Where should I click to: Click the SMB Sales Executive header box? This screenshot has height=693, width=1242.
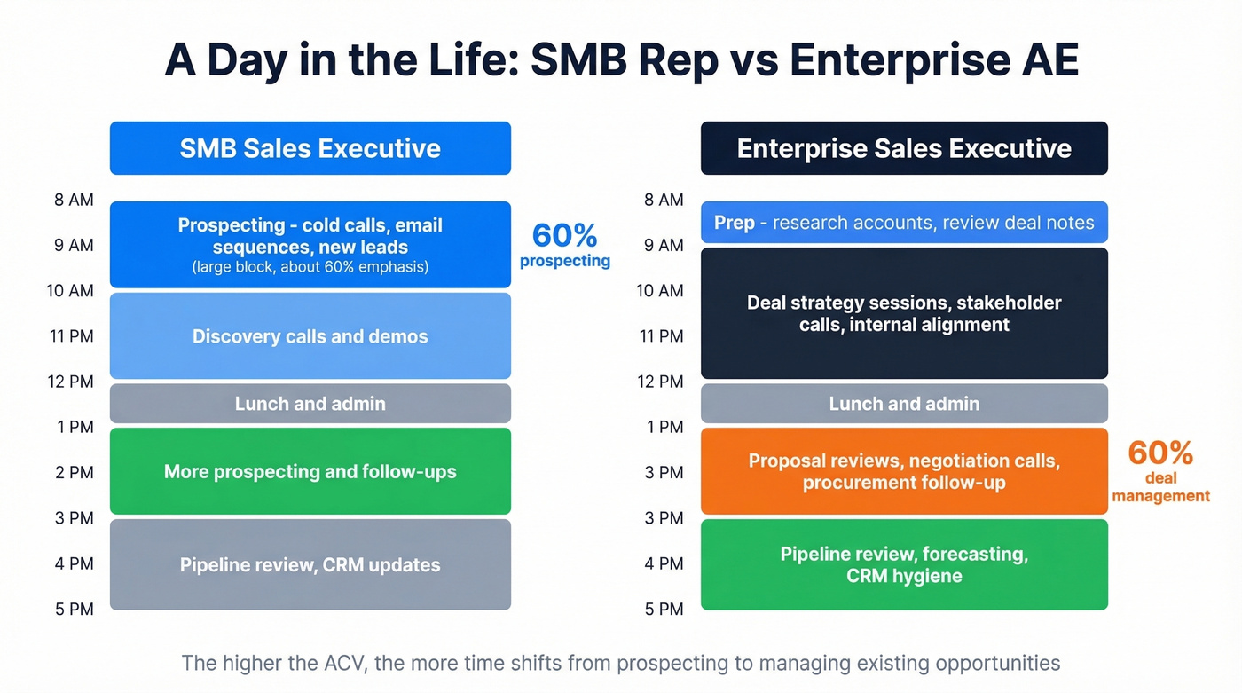pos(310,148)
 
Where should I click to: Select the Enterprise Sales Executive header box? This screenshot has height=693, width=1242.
pos(904,148)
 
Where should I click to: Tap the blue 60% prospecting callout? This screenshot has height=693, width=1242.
pos(564,244)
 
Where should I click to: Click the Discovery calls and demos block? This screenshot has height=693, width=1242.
pos(310,336)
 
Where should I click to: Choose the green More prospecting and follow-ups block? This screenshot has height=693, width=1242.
pos(310,471)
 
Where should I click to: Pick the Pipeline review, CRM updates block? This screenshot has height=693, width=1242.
pos(310,564)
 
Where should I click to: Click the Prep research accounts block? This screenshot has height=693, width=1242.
pos(904,223)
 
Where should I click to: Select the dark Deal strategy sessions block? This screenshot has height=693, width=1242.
pos(904,313)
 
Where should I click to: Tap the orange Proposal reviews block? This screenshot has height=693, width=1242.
pos(904,471)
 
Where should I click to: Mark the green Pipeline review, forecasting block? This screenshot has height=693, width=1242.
pos(904,564)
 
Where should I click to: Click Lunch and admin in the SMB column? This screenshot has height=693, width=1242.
pos(310,404)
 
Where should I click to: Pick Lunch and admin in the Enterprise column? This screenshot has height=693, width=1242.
pos(904,404)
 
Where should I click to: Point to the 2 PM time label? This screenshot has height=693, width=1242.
pos(75,472)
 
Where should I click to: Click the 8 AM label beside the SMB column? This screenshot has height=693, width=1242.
pos(75,200)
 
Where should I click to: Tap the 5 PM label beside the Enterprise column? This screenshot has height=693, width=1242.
pos(664,609)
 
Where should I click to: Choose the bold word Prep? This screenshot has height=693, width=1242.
pos(734,223)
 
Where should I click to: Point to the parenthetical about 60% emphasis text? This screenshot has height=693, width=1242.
pos(310,266)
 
